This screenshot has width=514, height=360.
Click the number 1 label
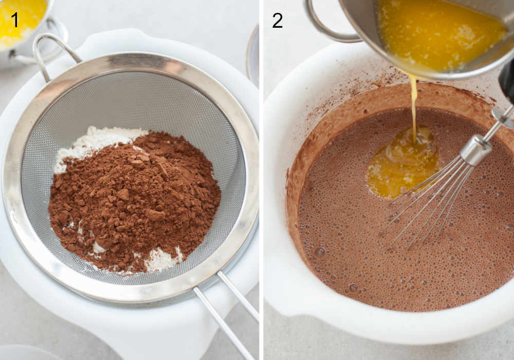(x=15, y=20)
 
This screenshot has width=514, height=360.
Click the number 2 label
(x=278, y=21)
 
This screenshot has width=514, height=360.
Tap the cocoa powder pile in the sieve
(x=134, y=200)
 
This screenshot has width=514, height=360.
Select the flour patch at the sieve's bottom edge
(x=162, y=259)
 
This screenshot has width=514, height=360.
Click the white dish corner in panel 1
(x=21, y=353)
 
